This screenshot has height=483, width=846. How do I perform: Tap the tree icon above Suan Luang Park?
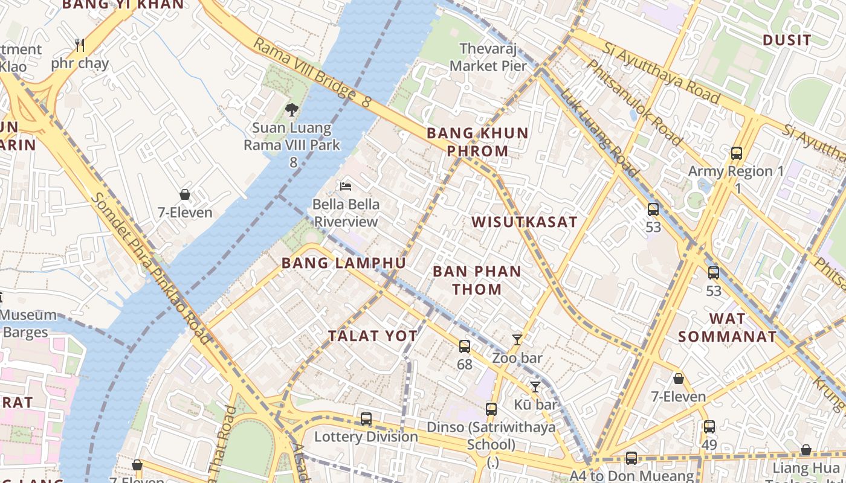pyautogui.click(x=292, y=109)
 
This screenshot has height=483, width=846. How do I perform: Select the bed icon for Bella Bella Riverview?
pyautogui.click(x=346, y=186)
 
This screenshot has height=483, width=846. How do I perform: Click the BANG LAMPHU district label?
pyautogui.click(x=343, y=263)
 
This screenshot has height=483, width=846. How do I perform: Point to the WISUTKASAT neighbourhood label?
pyautogui.click(x=525, y=222)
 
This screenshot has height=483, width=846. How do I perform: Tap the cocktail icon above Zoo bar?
pyautogui.click(x=517, y=340)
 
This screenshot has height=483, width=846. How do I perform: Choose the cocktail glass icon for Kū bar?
pyautogui.click(x=535, y=386)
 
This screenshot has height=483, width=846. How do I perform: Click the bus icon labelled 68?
pyautogui.click(x=464, y=347)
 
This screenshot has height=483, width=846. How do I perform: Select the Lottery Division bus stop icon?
pyautogui.click(x=366, y=418)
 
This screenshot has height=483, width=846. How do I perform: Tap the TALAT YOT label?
pyautogui.click(x=373, y=336)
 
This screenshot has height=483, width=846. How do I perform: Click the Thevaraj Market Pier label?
pyautogui.click(x=489, y=57)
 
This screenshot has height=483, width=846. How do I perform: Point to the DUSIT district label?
pyautogui.click(x=787, y=40)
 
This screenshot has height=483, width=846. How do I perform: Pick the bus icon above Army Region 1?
pyautogui.click(x=736, y=153)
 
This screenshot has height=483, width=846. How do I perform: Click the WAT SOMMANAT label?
pyautogui.click(x=728, y=327)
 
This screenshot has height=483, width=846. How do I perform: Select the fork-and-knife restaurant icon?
pyautogui.click(x=79, y=45)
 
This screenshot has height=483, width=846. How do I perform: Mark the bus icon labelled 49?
pyautogui.click(x=709, y=427)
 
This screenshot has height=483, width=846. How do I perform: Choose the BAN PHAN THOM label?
pyautogui.click(x=477, y=280)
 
